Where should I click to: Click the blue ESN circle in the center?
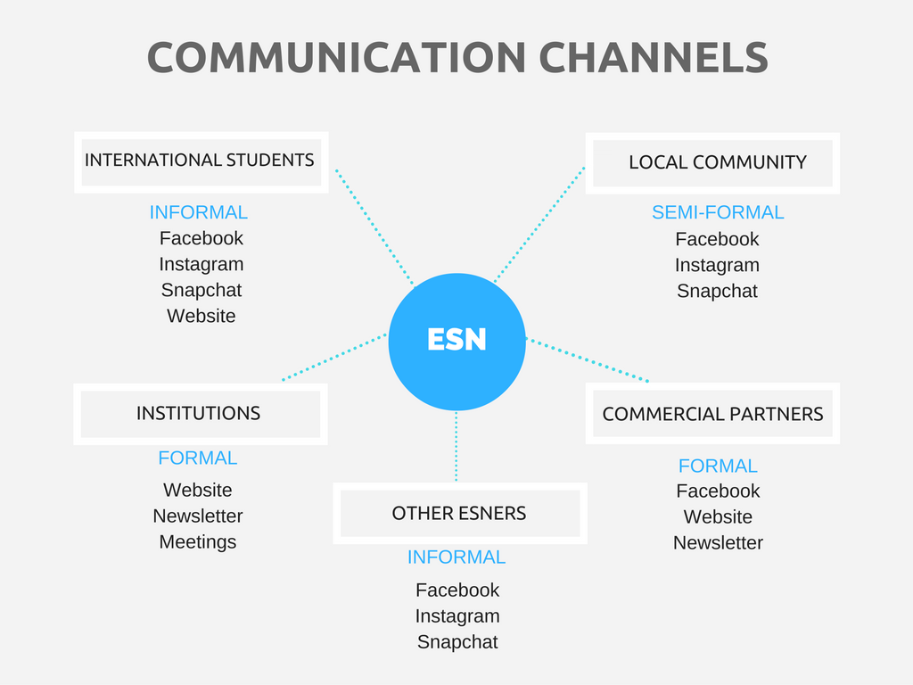point(457,342)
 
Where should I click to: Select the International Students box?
point(202,162)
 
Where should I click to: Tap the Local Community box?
point(712,163)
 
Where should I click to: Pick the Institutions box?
point(201,414)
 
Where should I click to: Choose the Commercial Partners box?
point(712,414)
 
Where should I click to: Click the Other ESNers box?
point(460,513)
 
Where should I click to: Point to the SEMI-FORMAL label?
point(718,212)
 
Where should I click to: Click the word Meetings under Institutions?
point(198,542)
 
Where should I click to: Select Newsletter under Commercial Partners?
point(718,543)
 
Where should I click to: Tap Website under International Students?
point(202,316)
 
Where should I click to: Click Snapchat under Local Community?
point(718,292)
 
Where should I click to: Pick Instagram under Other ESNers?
point(457,616)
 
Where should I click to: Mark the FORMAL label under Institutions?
point(198,458)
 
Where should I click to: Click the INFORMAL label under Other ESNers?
point(456,557)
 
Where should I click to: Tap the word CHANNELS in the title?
point(654,58)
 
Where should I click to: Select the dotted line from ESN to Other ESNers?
point(456,446)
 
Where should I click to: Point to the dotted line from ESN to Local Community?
point(539,224)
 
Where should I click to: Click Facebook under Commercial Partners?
point(718,491)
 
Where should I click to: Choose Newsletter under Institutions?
point(198,516)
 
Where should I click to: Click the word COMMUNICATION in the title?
point(336,58)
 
